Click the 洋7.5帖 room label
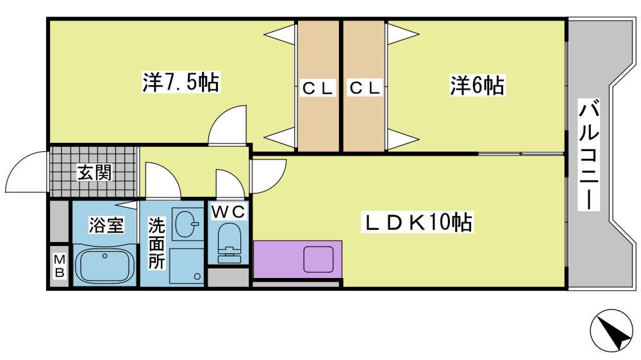coord(180,83)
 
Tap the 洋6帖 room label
coord(477,85)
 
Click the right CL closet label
coord(365,88)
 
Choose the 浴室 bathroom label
coord(106,225)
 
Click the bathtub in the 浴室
coord(104,265)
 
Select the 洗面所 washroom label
coord(156,243)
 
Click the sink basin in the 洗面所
coord(187,224)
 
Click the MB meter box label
coord(59,266)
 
